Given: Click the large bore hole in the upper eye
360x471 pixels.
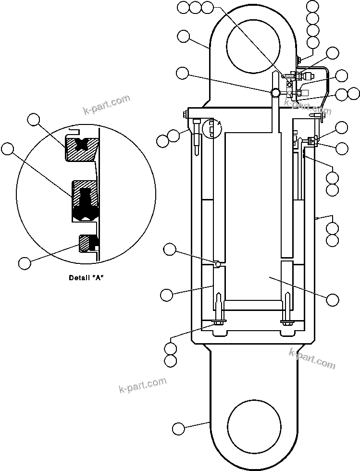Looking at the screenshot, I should click(254, 46).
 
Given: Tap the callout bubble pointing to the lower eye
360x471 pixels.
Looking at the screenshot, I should click(178, 428).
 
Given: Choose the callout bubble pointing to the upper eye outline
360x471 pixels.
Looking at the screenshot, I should click(183, 36).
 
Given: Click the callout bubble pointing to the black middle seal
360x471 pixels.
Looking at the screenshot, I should click(8, 149).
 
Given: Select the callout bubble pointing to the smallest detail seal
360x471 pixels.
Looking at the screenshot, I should click(25, 263).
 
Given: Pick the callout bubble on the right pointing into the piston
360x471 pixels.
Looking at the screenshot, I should click(332, 299).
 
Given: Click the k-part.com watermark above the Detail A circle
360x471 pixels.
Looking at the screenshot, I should click(107, 105).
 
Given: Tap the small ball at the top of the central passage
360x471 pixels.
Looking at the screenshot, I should click(274, 92).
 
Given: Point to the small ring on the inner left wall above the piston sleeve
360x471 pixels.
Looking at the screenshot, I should click(218, 263).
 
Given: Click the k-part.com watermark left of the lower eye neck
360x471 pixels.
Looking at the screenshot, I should click(143, 384).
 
